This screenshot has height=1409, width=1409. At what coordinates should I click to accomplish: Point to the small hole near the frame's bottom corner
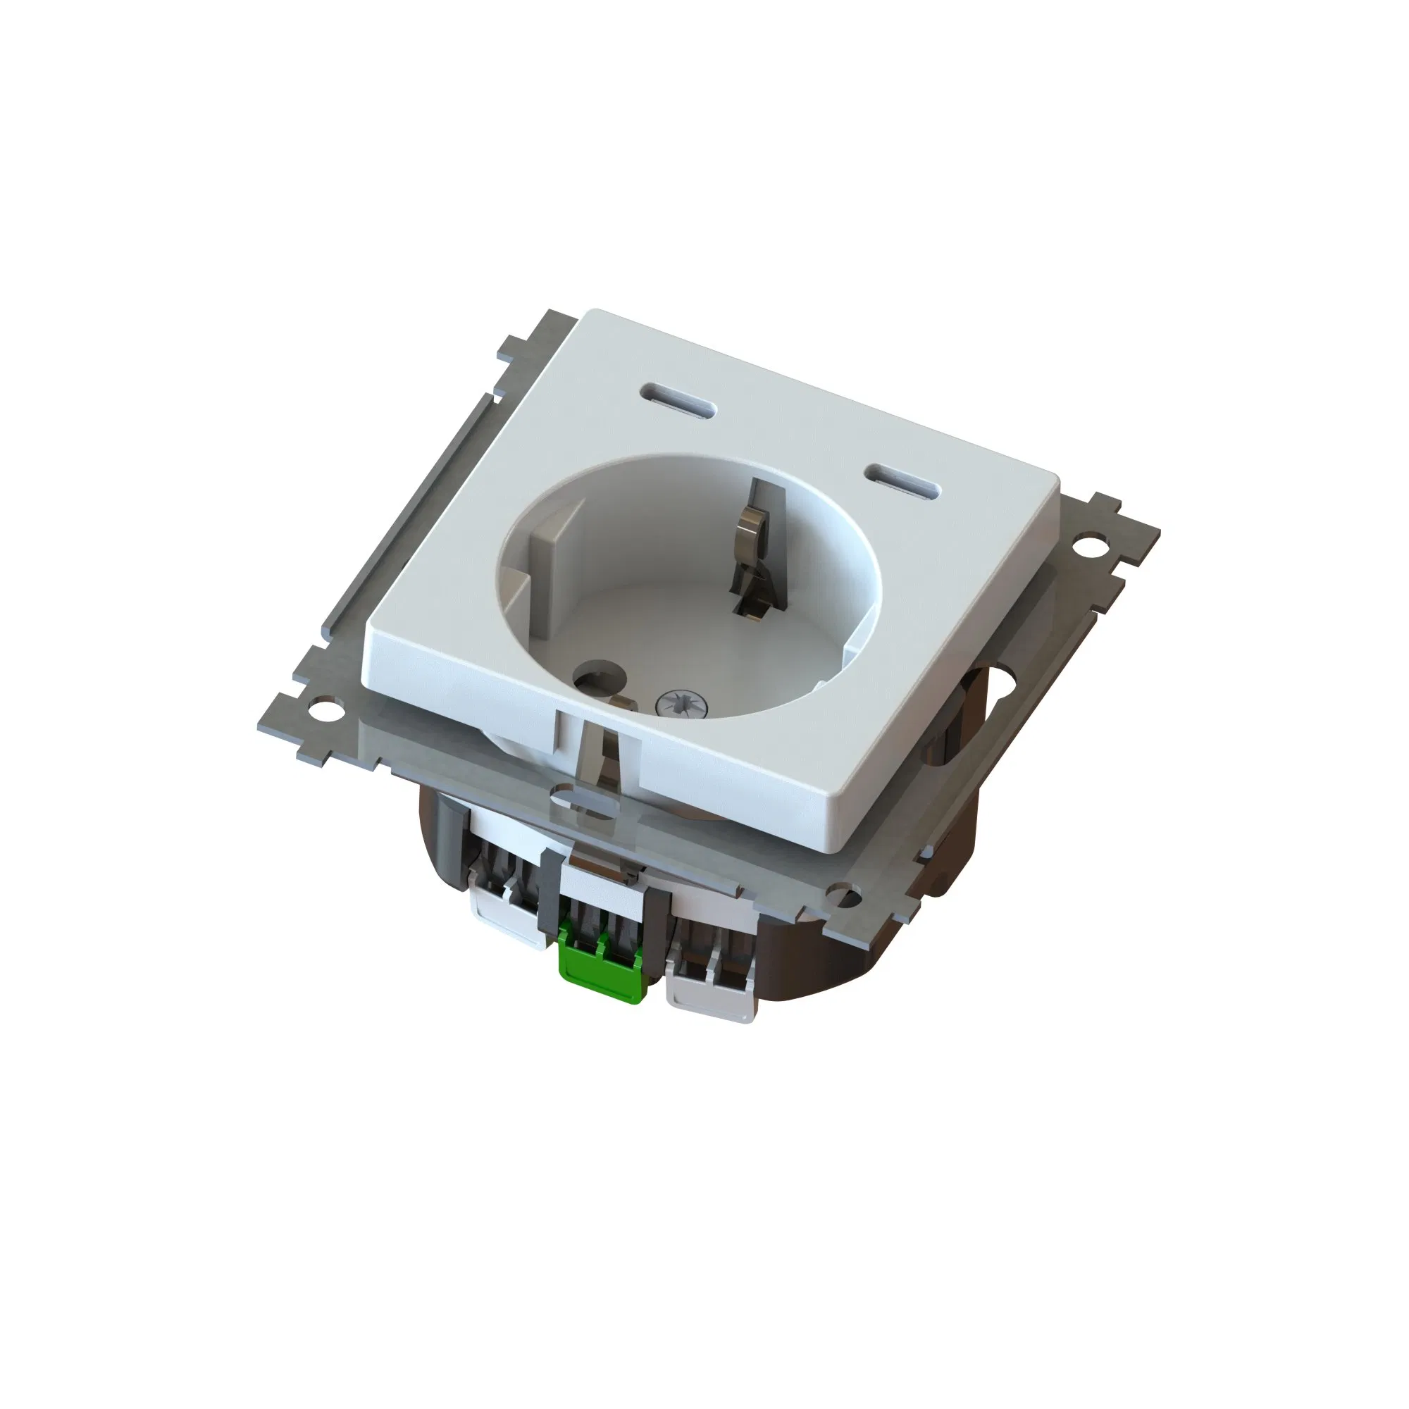point(844,892)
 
